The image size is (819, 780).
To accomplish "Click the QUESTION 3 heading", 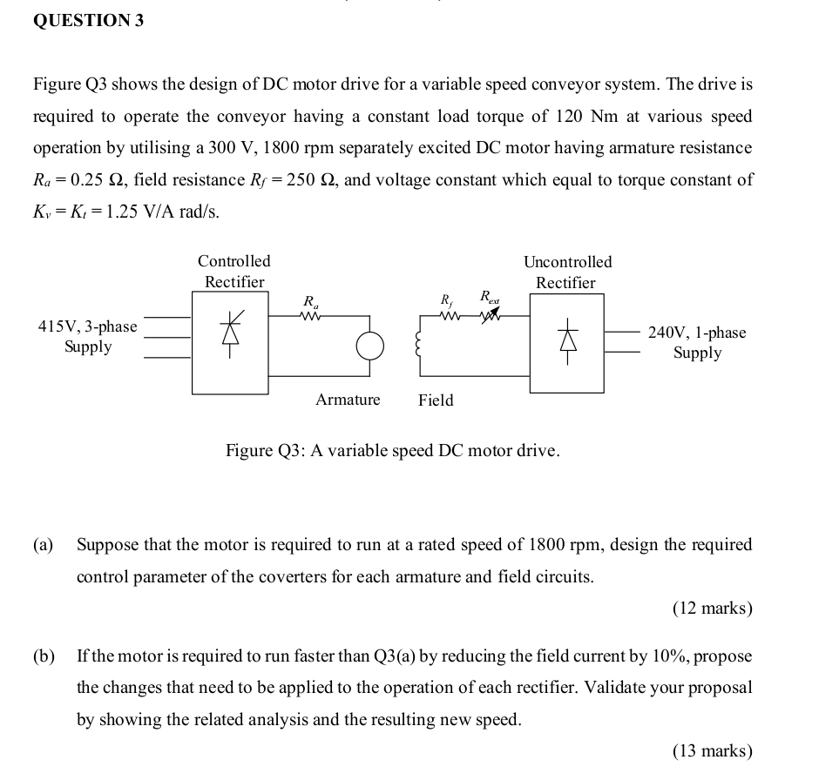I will (x=88, y=22).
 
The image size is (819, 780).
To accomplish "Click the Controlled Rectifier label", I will (x=234, y=271).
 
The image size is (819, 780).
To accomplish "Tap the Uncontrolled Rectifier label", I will (x=567, y=272).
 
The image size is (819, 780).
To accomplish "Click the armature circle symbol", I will (x=369, y=346).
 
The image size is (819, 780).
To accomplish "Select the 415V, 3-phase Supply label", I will (x=88, y=336).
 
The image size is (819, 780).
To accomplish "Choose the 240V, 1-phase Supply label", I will (x=697, y=342).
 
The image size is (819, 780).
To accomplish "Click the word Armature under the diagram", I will (x=348, y=400).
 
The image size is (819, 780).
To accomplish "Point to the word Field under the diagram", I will (x=436, y=400).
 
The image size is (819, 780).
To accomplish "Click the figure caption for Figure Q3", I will (x=393, y=451).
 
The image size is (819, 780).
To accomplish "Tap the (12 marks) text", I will (x=712, y=608).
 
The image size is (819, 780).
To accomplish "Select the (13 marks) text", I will (x=712, y=750).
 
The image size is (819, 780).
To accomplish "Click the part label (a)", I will (x=44, y=545).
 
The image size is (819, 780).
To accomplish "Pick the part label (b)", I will (x=44, y=656).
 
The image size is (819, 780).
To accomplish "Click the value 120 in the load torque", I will (x=572, y=116).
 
